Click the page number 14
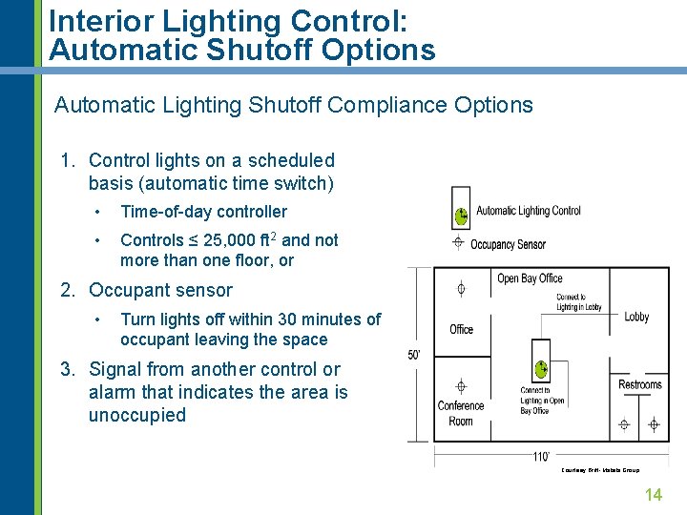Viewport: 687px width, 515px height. [654, 494]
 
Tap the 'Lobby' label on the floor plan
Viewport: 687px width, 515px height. [636, 317]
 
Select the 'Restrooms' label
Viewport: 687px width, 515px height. [639, 384]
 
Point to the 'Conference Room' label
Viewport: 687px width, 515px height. [461, 413]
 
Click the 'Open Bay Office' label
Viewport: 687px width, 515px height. [530, 278]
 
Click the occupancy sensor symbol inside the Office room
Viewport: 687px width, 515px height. [461, 288]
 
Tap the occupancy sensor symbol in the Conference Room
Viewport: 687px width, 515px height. [461, 386]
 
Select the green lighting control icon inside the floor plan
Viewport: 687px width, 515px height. [540, 367]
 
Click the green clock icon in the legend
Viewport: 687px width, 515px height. [461, 216]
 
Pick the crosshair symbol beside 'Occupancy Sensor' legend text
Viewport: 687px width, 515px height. [458, 242]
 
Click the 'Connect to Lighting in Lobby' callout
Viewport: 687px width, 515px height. [578, 302]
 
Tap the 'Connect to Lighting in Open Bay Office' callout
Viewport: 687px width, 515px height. [541, 401]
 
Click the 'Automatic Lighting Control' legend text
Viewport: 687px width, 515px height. [528, 211]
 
